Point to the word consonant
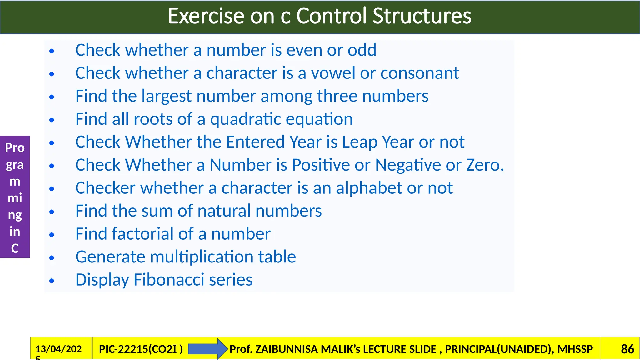coord(419,73)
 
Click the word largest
coord(166,96)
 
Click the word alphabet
coord(369,188)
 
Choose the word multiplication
coord(202,257)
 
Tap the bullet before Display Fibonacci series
coord(52,281)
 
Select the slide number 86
coord(627,349)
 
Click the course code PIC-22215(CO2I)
coord(141,349)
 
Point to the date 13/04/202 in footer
coord(58,349)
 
